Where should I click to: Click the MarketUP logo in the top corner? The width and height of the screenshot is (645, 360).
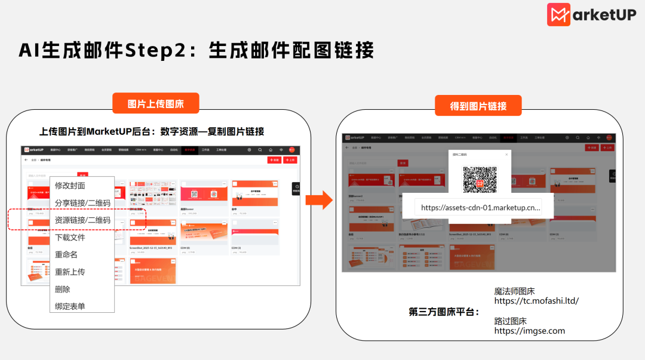coord(591,15)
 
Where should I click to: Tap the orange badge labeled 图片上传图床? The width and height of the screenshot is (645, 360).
coord(155,104)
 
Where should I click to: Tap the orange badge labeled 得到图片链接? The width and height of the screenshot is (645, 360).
coord(478,106)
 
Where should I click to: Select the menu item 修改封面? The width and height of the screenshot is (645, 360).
coord(70,186)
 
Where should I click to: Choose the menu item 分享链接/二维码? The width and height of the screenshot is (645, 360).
coord(82,203)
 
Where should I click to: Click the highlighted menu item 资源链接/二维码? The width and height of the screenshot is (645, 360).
coord(82,220)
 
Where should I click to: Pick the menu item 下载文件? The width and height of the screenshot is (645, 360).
coord(70,238)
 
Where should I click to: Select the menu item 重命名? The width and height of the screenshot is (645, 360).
coord(66,255)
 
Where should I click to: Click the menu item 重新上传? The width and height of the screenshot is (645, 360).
coord(70,272)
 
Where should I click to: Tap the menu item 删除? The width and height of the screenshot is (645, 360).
coord(62,290)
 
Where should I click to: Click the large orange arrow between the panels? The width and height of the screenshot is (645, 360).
coord(323,200)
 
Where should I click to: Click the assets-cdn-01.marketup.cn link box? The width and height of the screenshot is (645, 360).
coord(480,208)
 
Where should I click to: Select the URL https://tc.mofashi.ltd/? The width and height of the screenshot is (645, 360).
coord(536,301)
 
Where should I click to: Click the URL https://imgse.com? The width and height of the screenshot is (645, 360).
coord(529,331)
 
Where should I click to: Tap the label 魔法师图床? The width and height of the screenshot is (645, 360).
coord(514,291)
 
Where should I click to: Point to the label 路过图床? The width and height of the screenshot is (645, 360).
coord(510,321)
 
